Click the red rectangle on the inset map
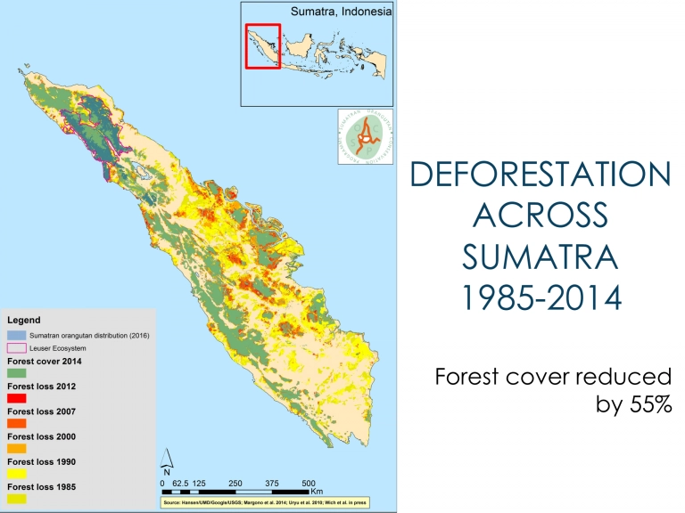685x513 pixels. [263, 45]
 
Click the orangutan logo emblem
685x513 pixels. [365, 136]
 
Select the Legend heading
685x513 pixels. [23, 319]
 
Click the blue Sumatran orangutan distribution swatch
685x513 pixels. [17, 335]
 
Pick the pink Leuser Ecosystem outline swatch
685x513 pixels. [17, 347]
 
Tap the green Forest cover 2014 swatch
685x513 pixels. [17, 373]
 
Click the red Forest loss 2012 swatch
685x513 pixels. [17, 398]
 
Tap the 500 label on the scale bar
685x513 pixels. [309, 483]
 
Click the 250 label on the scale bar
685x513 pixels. [235, 483]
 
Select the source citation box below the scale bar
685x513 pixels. [264, 502]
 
